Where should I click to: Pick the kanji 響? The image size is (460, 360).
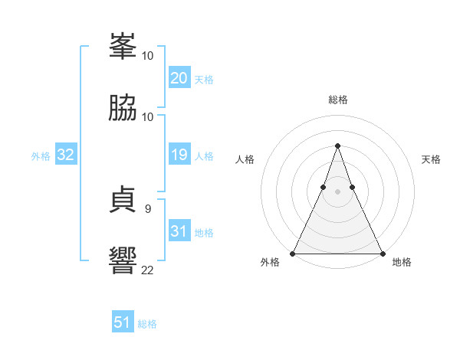[123, 260]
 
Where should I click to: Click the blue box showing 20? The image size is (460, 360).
[179, 78]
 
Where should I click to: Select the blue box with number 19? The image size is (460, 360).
[179, 155]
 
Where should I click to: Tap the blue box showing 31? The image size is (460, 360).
[179, 231]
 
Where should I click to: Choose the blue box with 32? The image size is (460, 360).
[66, 155]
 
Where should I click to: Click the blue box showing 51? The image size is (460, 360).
[123, 322]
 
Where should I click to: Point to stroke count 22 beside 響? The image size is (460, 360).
[148, 270]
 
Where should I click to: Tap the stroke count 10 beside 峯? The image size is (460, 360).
[148, 56]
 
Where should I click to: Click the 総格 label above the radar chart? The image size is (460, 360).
[338, 100]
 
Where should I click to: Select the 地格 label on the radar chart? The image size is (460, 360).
[402, 262]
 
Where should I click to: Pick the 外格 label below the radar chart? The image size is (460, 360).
[271, 262]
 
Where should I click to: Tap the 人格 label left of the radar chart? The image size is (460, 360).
[245, 159]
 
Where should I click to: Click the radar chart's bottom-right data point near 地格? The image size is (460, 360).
[382, 253]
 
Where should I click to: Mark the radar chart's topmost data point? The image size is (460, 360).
[337, 145]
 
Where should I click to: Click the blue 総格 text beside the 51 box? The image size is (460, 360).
[147, 324]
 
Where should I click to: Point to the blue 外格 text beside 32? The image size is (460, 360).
[41, 155]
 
